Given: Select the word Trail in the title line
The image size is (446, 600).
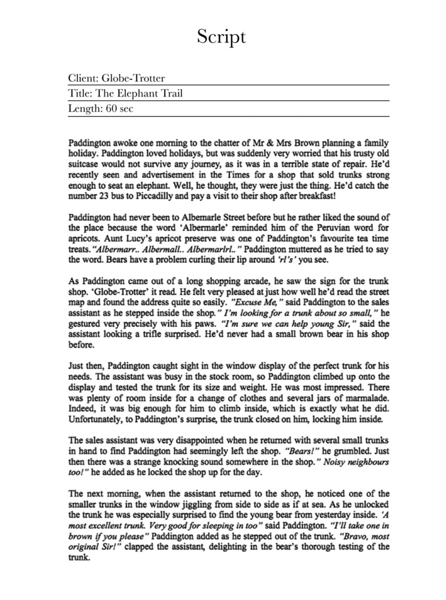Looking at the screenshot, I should [170, 94].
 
